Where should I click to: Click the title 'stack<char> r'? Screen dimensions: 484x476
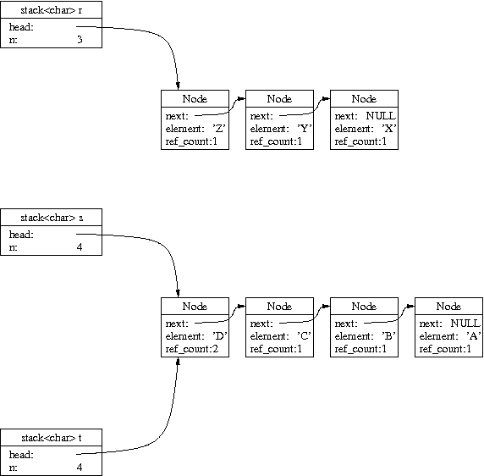click(x=52, y=10)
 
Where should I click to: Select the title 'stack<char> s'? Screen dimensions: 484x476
click(x=52, y=218)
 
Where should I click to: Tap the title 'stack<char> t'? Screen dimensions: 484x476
click(x=52, y=438)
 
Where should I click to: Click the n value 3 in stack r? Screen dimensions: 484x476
click(x=80, y=39)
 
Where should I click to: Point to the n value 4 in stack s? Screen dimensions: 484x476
click(x=80, y=247)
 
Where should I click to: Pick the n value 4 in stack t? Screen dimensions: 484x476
click(x=80, y=467)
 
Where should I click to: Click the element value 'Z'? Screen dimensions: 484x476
click(x=219, y=129)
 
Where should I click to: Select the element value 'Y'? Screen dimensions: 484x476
click(x=305, y=129)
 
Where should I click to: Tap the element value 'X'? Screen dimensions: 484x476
click(x=389, y=129)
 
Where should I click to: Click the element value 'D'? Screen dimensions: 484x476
click(x=220, y=336)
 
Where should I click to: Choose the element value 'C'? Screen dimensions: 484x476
click(x=305, y=336)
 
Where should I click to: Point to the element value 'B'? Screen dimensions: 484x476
click(x=389, y=336)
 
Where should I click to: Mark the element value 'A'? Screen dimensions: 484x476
click(x=474, y=336)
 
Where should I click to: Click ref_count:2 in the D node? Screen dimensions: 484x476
click(x=192, y=349)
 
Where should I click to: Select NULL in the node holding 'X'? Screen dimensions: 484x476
click(x=381, y=116)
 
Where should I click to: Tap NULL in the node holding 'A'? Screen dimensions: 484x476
click(x=465, y=324)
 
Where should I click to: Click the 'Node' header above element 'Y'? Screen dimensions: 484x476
click(x=279, y=99)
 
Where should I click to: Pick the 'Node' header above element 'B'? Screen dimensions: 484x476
click(x=364, y=307)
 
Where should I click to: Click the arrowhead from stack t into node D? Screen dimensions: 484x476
click(x=178, y=361)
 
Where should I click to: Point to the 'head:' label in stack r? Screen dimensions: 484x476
click(x=21, y=27)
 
